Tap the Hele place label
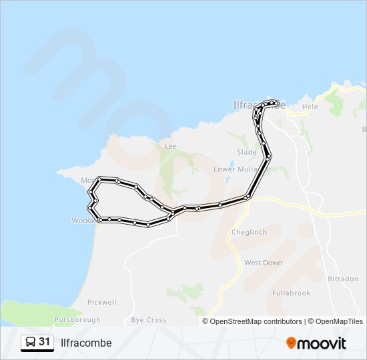point(310,106)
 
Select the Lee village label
point(171,145)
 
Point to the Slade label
point(246,152)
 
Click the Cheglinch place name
point(248,232)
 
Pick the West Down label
point(263,263)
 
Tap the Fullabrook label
point(291,293)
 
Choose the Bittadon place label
point(344,279)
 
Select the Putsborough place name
point(77,320)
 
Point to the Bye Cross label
point(149,320)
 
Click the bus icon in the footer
point(30,343)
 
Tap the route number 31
point(45,342)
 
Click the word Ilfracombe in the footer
point(86,343)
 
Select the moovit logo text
point(322,343)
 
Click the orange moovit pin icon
point(292,343)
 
